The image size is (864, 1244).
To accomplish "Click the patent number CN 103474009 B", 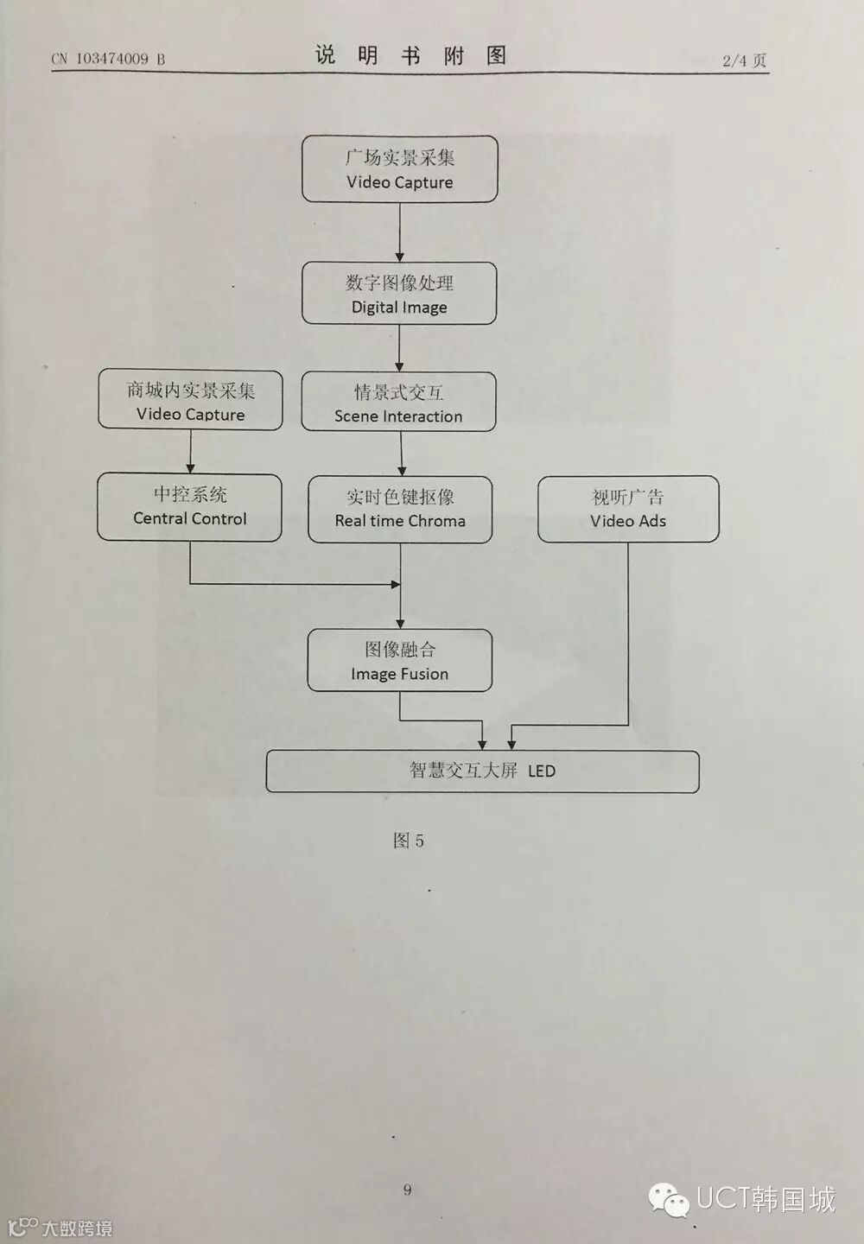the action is point(108,59).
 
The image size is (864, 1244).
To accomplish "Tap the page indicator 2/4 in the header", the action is point(744,60).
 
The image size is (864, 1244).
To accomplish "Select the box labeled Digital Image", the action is point(399,294).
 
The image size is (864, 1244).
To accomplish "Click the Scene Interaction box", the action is point(398,402).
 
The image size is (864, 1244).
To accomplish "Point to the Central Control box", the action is point(189,507).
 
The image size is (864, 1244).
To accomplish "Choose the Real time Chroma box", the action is point(400,510).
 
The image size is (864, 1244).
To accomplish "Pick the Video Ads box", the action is point(628,509).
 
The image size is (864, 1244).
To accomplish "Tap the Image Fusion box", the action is point(400,661).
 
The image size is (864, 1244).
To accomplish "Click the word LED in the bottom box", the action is point(542,771).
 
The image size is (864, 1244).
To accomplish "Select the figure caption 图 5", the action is point(408,841).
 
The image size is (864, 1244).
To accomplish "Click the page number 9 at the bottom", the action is point(407,1190).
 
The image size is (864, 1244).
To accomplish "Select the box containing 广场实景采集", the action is point(399,169).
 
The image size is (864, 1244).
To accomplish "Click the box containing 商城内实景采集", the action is point(190,400).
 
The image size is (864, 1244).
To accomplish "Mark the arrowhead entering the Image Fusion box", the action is point(400,623).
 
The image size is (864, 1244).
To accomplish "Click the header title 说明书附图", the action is point(410,56).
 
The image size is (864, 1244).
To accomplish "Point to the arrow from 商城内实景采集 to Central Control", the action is point(190,451).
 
